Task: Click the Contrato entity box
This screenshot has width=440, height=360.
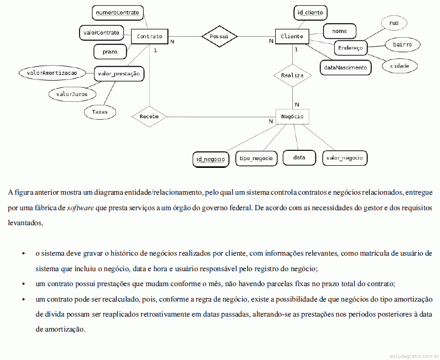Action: [x=150, y=37]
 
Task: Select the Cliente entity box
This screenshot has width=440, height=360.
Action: [x=292, y=37]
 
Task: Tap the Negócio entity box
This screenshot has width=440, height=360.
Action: [x=292, y=116]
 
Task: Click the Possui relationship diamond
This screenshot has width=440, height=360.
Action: [x=219, y=36]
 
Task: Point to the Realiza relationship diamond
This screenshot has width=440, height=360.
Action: [x=292, y=75]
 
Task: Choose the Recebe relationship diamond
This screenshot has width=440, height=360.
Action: [x=149, y=116]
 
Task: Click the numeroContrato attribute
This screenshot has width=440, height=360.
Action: [x=118, y=12]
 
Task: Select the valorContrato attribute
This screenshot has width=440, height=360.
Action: [x=101, y=33]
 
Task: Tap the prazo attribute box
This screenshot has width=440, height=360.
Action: [x=110, y=52]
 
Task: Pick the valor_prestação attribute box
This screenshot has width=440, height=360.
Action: [x=119, y=74]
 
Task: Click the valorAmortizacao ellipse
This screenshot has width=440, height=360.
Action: [x=52, y=73]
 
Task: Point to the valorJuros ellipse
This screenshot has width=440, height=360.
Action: [x=72, y=95]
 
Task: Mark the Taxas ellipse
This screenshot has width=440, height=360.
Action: [x=100, y=112]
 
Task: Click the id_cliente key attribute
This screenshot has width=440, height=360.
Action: [x=310, y=12]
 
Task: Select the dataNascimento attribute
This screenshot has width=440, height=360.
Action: [x=345, y=68]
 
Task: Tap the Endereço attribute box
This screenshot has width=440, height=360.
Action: [x=351, y=48]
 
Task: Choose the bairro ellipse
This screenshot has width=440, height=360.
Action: [x=402, y=44]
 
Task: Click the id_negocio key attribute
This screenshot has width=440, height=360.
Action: [x=211, y=160]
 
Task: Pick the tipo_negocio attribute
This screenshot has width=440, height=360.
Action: [x=256, y=158]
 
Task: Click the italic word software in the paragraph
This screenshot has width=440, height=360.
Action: [x=80, y=208]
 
